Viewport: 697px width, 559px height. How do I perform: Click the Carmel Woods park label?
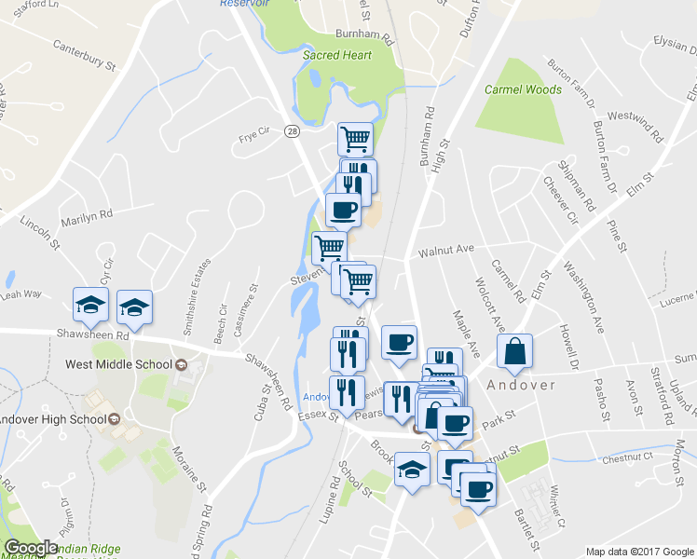click(523, 90)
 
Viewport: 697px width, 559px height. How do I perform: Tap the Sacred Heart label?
click(337, 55)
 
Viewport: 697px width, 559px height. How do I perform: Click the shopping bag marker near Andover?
click(514, 352)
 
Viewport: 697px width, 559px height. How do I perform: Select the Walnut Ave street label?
click(446, 250)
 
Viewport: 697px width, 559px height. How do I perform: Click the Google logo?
click(31, 548)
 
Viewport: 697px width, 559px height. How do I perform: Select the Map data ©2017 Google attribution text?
click(638, 552)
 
